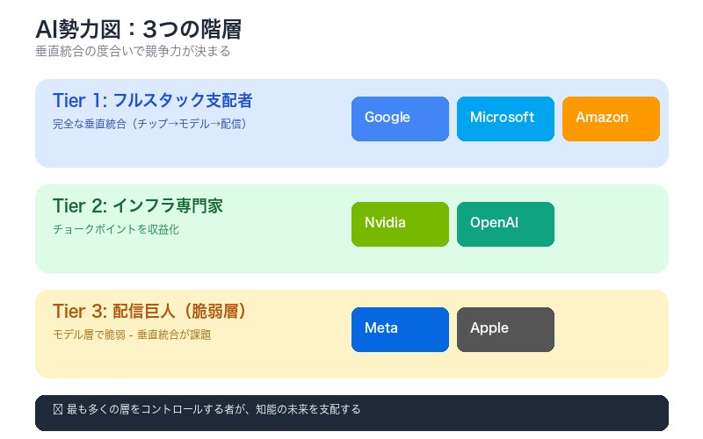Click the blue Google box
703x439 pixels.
400,119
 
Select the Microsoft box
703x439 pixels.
505,119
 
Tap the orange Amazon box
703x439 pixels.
611,119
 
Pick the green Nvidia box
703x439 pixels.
400,224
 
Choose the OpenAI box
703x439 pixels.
505,224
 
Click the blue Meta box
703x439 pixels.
400,329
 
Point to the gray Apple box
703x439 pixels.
505,329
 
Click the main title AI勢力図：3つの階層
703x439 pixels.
138,29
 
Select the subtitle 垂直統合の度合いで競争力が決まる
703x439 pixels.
133,52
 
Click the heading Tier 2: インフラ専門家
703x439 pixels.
138,205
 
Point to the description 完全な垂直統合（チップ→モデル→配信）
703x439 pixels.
150,124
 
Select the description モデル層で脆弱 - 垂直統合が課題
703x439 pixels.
132,335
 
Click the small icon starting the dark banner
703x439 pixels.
58,409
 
